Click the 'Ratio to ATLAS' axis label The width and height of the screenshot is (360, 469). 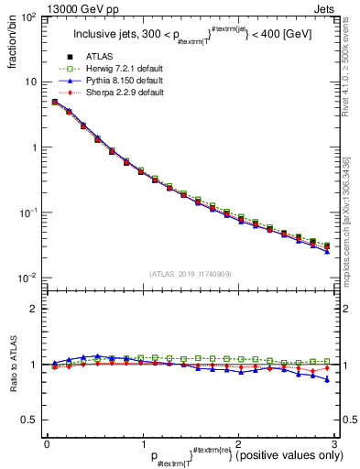pos(14,365)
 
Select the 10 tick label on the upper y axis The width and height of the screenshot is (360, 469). pos(30,82)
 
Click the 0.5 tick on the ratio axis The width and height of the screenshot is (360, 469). pos(27,420)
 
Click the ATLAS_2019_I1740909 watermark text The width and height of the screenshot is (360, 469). pos(190,274)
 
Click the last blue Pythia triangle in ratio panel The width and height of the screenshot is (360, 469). pos(327,379)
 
